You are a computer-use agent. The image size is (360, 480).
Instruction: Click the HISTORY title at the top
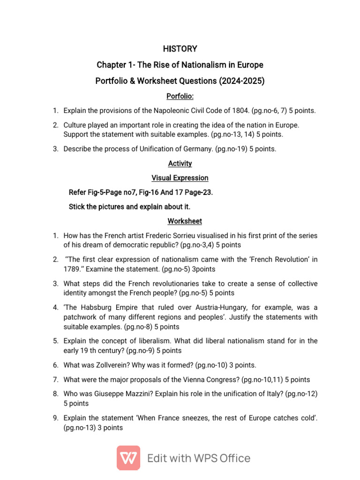180,49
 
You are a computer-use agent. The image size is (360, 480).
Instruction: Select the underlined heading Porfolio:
180,97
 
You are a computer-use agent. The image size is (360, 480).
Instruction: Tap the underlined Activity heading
180,164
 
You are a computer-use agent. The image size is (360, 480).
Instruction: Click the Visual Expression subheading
180,178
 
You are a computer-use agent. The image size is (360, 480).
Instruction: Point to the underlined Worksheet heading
180,221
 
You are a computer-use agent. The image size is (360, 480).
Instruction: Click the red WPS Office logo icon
128,458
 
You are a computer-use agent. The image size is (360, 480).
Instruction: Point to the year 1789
72,269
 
